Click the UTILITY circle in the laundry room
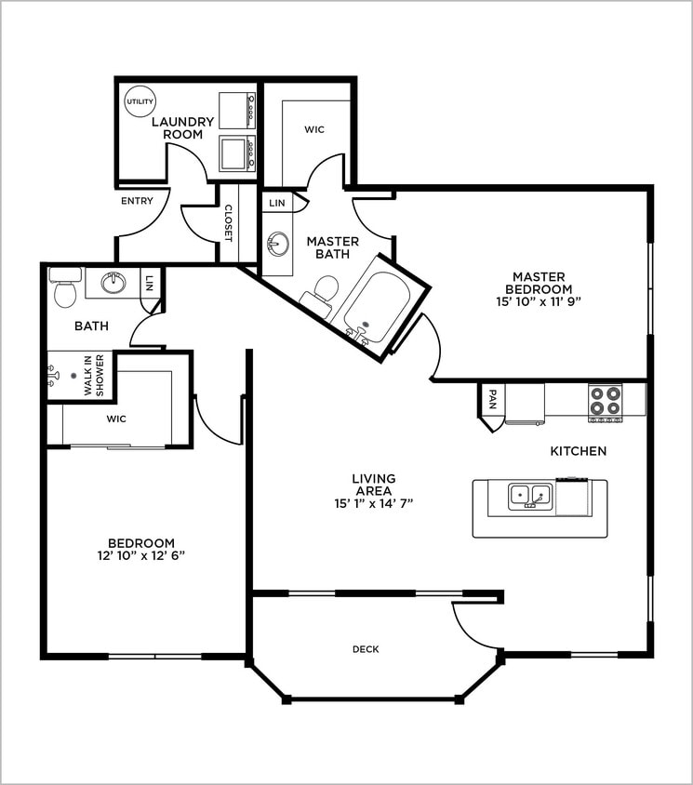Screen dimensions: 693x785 (140, 101)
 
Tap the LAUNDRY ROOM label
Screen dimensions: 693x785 (182, 128)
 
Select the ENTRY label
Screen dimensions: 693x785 (137, 201)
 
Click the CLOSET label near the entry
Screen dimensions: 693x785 (228, 223)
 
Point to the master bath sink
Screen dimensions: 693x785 (277, 244)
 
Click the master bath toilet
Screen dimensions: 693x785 (322, 292)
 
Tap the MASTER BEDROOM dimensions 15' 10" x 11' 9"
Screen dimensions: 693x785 (539, 302)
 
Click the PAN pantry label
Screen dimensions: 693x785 (492, 399)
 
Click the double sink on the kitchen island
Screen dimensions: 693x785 (530, 497)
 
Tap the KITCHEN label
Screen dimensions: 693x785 (579, 451)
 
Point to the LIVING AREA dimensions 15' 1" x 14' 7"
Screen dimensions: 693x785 (374, 503)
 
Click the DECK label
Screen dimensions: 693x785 (366, 649)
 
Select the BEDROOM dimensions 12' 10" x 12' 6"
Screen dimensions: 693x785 (141, 555)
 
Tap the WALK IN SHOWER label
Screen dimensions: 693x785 (94, 376)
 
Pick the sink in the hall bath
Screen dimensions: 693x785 (113, 283)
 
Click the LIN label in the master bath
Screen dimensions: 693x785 (277, 203)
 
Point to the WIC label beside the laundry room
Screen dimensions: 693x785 (314, 129)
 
